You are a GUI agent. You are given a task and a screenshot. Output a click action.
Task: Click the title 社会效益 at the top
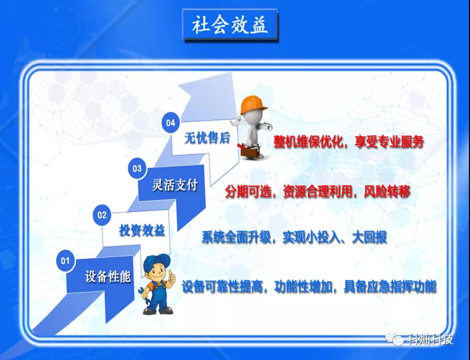(230, 25)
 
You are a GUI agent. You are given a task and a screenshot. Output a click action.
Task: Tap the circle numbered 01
(65, 260)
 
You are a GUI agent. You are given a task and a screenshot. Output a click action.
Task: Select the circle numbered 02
(102, 214)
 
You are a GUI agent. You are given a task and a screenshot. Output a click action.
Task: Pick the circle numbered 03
(137, 168)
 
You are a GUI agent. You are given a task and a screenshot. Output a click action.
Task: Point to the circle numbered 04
(170, 122)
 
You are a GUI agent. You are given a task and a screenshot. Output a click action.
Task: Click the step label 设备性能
(107, 276)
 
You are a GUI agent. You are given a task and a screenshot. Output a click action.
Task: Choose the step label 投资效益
(142, 230)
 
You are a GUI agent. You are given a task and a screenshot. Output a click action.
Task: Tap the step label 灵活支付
(175, 185)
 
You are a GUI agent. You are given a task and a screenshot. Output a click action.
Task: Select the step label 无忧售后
(207, 138)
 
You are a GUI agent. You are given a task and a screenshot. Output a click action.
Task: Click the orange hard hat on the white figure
(254, 104)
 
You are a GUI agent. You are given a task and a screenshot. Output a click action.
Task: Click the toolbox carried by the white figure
(249, 151)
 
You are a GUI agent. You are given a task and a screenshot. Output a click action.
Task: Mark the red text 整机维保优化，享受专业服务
(349, 141)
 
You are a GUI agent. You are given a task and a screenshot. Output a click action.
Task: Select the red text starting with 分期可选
(318, 192)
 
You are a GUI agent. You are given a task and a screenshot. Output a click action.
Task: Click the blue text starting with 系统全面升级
(294, 237)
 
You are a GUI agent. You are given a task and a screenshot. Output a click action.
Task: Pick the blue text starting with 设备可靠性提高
(309, 286)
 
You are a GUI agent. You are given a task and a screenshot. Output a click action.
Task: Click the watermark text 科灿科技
(430, 339)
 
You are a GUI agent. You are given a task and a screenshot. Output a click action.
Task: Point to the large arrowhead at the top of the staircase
(210, 97)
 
